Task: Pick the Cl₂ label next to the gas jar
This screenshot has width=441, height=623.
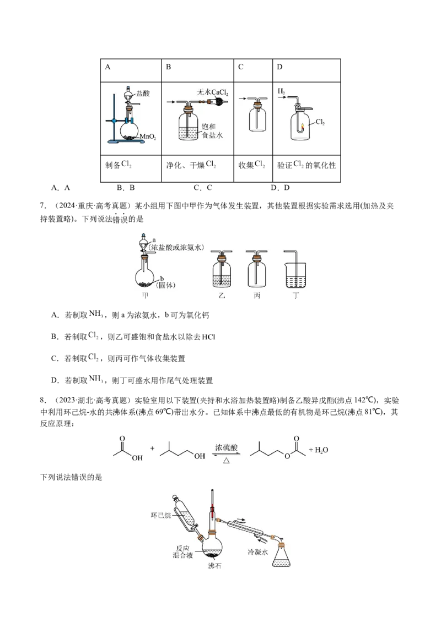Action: pyautogui.click(x=320, y=122)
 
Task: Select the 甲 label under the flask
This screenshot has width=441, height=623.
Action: pyautogui.click(x=146, y=296)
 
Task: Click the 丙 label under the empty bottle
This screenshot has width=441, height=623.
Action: pyautogui.click(x=257, y=296)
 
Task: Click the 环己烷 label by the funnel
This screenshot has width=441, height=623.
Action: pyautogui.click(x=162, y=515)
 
